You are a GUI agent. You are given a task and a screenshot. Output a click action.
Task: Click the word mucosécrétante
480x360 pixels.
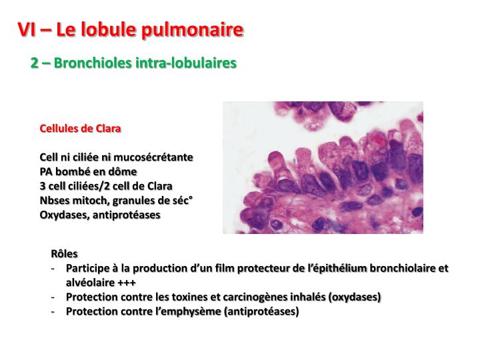(153, 157)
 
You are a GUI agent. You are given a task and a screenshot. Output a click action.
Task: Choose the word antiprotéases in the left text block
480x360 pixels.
(127, 215)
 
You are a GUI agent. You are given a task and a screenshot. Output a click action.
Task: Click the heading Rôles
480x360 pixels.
(64, 254)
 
